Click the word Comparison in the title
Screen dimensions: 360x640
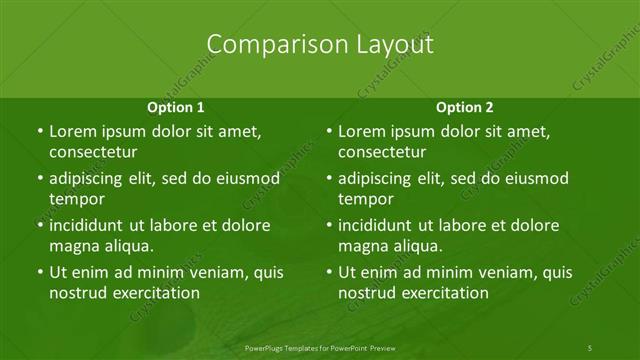pyautogui.click(x=265, y=45)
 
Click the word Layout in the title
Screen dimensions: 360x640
pyautogui.click(x=393, y=45)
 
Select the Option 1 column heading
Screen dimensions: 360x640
pyautogui.click(x=176, y=107)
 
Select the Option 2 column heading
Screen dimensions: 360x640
pyautogui.click(x=465, y=107)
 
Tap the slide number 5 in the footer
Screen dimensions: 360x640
pyautogui.click(x=590, y=347)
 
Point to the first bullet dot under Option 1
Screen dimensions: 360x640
pyautogui.click(x=39, y=132)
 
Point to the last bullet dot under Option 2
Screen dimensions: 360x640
pyautogui.click(x=329, y=272)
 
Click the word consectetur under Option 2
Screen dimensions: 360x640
pyautogui.click(x=383, y=153)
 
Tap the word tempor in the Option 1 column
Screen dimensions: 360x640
pyautogui.click(x=73, y=199)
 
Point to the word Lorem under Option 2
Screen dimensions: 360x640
pyautogui.click(x=361, y=132)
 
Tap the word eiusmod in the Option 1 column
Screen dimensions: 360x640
pyautogui.click(x=246, y=179)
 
